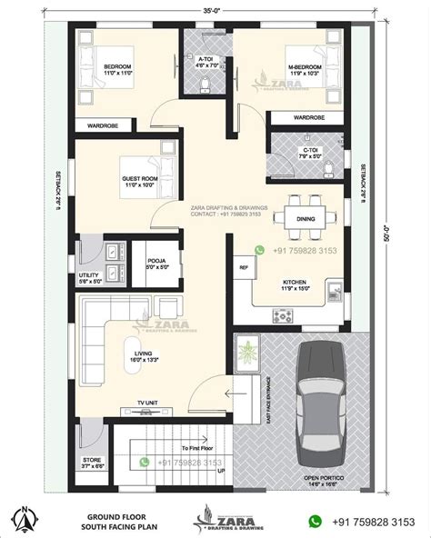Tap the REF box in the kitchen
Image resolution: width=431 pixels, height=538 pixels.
click(x=244, y=267)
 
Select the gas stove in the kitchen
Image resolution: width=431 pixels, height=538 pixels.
click(x=283, y=316)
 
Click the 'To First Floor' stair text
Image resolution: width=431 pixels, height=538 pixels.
click(x=197, y=448)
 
